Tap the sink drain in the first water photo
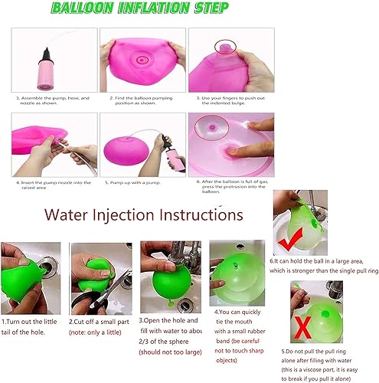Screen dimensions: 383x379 [x=39, y=269]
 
